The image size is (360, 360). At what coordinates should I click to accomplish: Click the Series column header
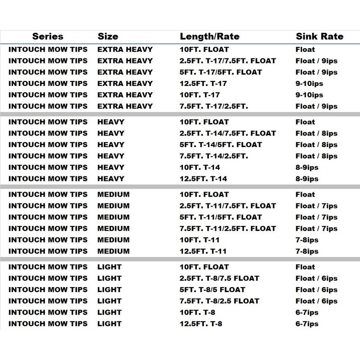point(48,36)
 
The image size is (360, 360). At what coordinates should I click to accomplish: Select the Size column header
point(108,36)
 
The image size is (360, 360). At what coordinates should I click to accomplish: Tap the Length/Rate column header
point(210,36)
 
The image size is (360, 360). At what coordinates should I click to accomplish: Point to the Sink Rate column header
point(319,36)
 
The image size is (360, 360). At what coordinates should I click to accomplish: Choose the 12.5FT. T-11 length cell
point(203,251)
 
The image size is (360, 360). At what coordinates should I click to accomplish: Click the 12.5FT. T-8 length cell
point(201,324)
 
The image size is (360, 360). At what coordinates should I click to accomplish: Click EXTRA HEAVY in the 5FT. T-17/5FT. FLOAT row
point(125,72)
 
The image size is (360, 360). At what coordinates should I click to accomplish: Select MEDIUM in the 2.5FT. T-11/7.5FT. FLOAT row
point(113,206)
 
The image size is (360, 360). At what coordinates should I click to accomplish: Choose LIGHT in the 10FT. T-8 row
point(109,312)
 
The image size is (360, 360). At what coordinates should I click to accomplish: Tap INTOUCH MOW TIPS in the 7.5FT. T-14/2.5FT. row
point(48,156)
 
